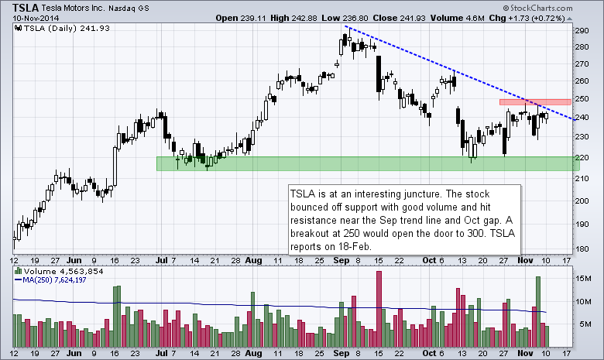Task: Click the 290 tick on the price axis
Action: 585,30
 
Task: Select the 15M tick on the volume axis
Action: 586,277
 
